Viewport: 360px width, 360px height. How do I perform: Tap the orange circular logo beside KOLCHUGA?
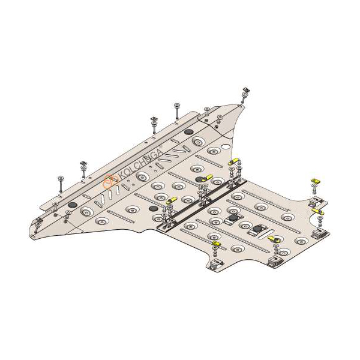coord(110,181)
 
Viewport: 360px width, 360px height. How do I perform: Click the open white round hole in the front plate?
coord(226,146)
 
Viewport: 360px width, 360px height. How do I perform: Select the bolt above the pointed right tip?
coord(245,94)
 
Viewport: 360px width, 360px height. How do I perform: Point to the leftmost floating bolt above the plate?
coord(61,184)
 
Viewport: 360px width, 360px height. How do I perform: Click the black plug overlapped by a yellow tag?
coord(199,179)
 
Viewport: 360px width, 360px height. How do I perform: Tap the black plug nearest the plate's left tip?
coord(72,205)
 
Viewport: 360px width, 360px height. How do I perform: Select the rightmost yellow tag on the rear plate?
coord(317,211)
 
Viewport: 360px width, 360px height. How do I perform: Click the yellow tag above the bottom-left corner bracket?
coord(216,243)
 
